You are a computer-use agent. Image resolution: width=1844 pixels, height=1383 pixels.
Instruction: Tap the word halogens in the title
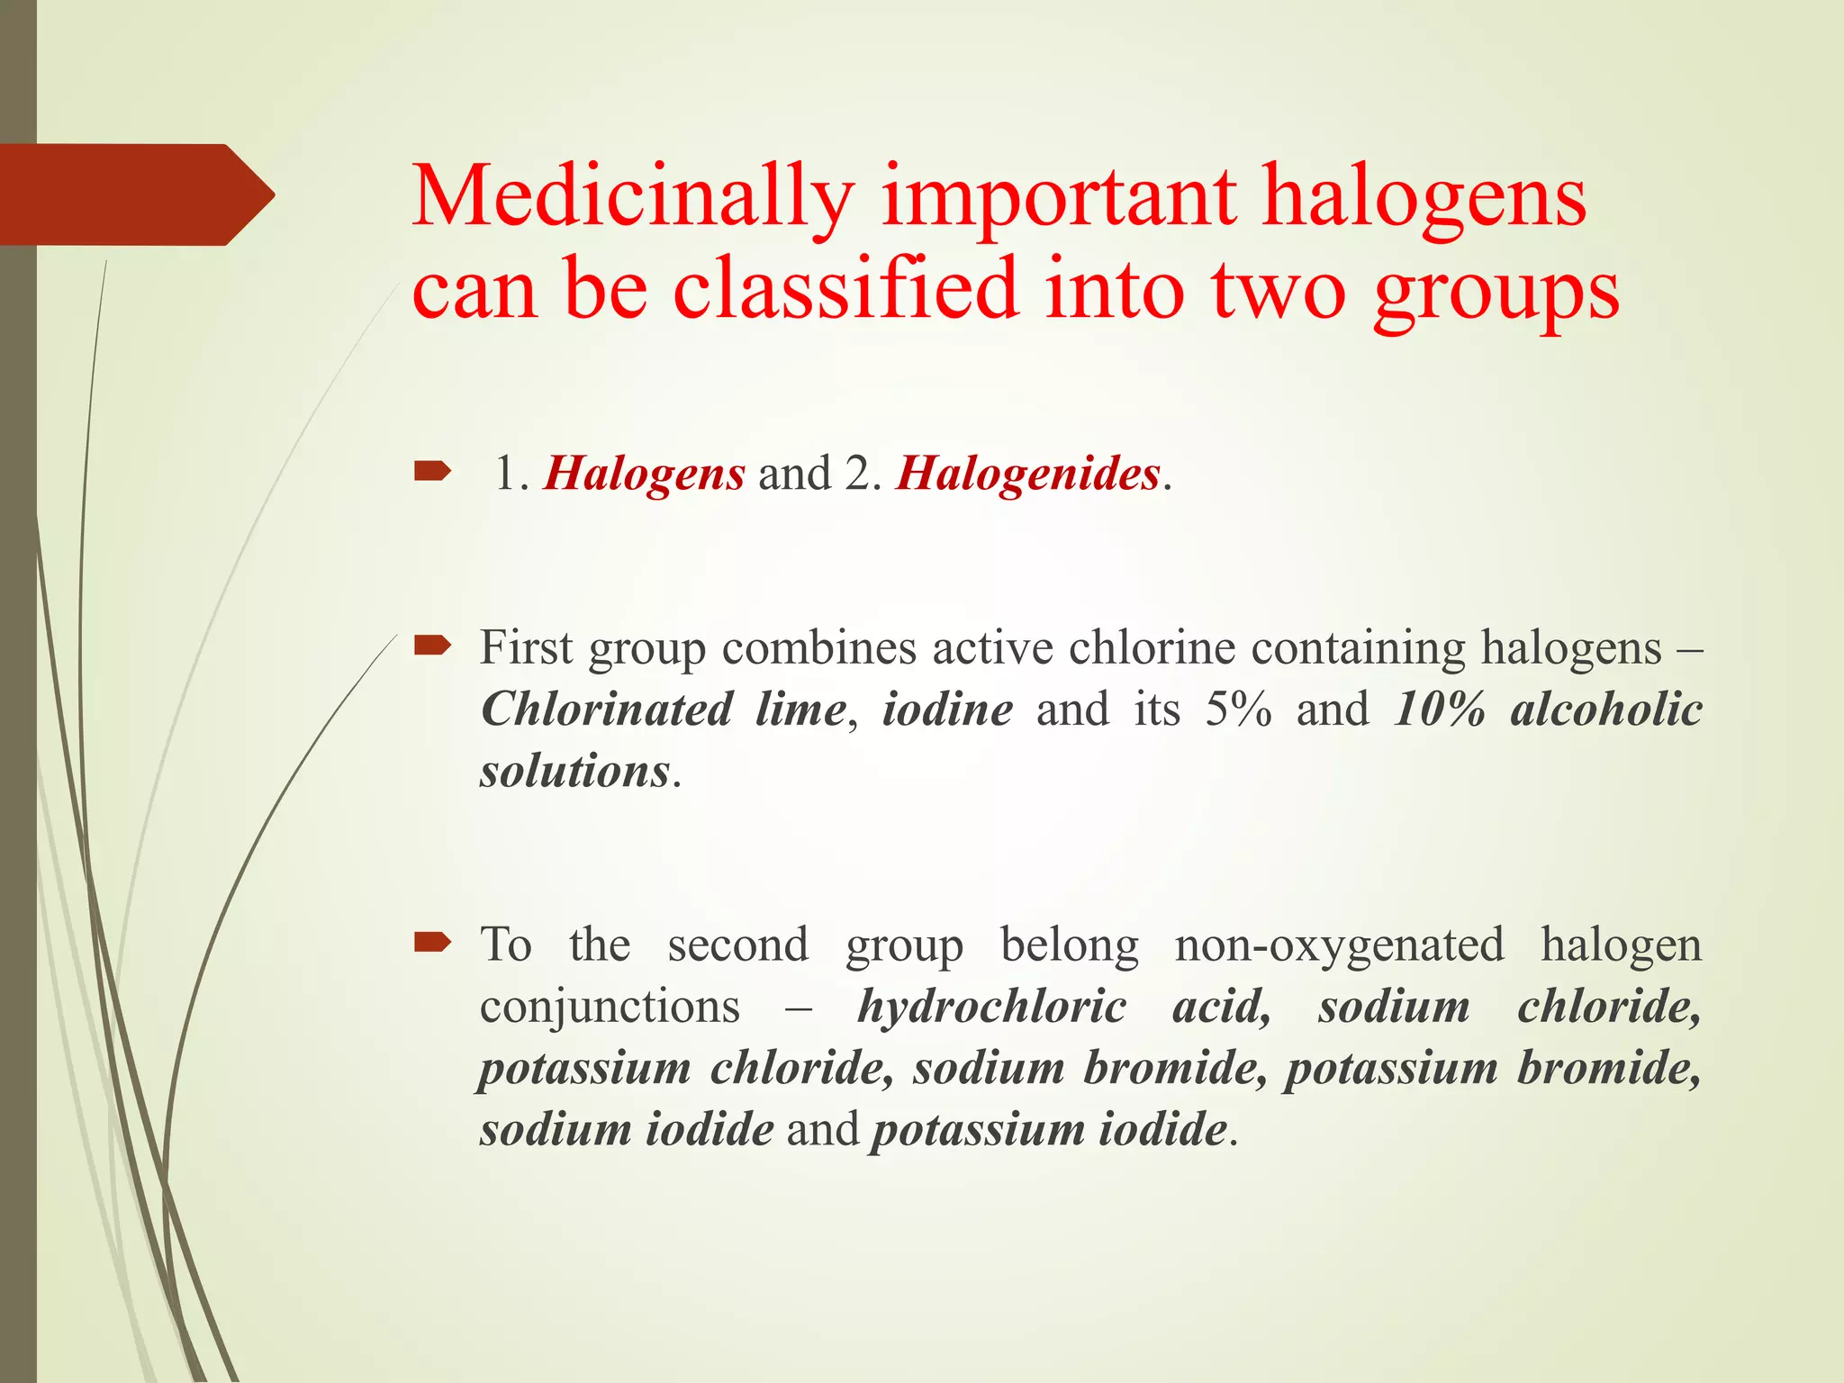(1423, 198)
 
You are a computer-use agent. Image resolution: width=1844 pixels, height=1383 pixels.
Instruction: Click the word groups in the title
(1496, 293)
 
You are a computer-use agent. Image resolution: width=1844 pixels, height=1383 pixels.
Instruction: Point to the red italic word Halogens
(644, 474)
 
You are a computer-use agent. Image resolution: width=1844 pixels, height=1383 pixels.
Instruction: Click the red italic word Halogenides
(1027, 474)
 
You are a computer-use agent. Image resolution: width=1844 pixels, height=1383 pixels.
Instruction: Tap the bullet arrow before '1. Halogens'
(432, 471)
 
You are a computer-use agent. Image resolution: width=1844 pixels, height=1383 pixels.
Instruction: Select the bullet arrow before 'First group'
(432, 644)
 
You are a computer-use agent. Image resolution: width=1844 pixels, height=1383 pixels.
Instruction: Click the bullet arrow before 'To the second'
(432, 942)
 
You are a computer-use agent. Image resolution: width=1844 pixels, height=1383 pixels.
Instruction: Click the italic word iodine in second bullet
(947, 710)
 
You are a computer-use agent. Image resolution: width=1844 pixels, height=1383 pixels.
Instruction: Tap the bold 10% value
(1438, 710)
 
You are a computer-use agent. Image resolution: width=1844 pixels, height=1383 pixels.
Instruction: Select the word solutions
(574, 772)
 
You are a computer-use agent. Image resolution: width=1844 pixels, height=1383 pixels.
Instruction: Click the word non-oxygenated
(1339, 945)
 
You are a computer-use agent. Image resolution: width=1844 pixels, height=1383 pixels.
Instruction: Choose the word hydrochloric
(990, 1007)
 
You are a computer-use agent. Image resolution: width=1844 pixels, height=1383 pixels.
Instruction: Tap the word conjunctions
(610, 1007)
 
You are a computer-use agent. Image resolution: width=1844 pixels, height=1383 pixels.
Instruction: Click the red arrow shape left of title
(135, 194)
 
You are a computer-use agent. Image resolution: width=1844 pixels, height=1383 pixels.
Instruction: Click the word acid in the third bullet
(1220, 1007)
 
